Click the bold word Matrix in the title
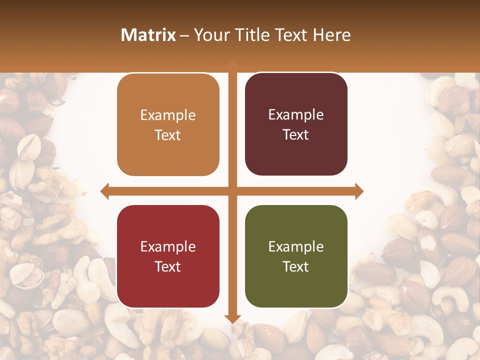[x=148, y=35]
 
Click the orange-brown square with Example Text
[x=168, y=125]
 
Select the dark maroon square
[x=296, y=124]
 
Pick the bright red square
[x=168, y=256]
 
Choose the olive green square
[x=296, y=256]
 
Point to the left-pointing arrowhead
[x=104, y=191]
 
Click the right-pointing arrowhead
[x=359, y=191]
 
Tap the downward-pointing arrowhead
[x=232, y=318]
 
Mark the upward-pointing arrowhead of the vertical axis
[x=232, y=63]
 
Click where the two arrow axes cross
[x=232, y=191]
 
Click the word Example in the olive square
[x=296, y=246]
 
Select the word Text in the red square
[x=168, y=266]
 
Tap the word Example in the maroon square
[x=296, y=114]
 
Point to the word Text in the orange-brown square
[x=168, y=135]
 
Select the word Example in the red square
[x=168, y=246]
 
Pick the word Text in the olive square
[x=296, y=266]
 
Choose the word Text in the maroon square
[x=296, y=134]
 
